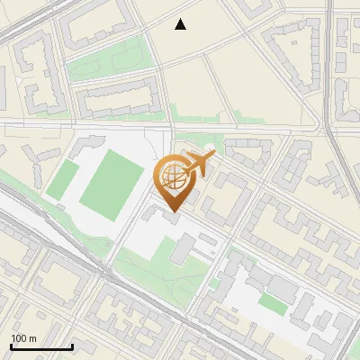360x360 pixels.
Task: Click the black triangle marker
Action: pyautogui.click(x=181, y=24)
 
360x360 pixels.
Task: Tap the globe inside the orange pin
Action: pyautogui.click(x=174, y=180)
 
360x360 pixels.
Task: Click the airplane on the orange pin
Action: pyautogui.click(x=201, y=164)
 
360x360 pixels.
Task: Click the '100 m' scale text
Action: pyautogui.click(x=23, y=338)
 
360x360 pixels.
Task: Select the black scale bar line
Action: pyautogui.click(x=41, y=346)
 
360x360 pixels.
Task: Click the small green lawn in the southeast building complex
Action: pyautogui.click(x=274, y=306)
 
